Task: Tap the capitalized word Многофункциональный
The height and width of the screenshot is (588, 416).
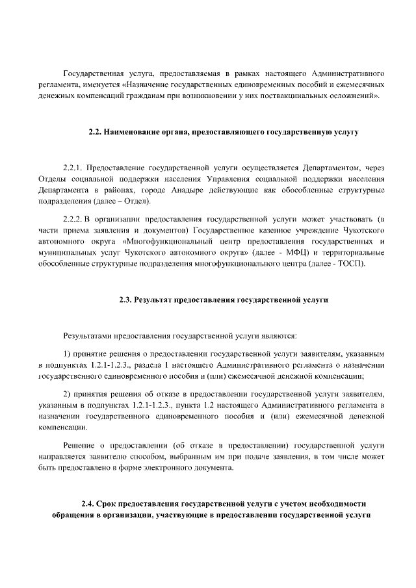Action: point(164,241)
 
